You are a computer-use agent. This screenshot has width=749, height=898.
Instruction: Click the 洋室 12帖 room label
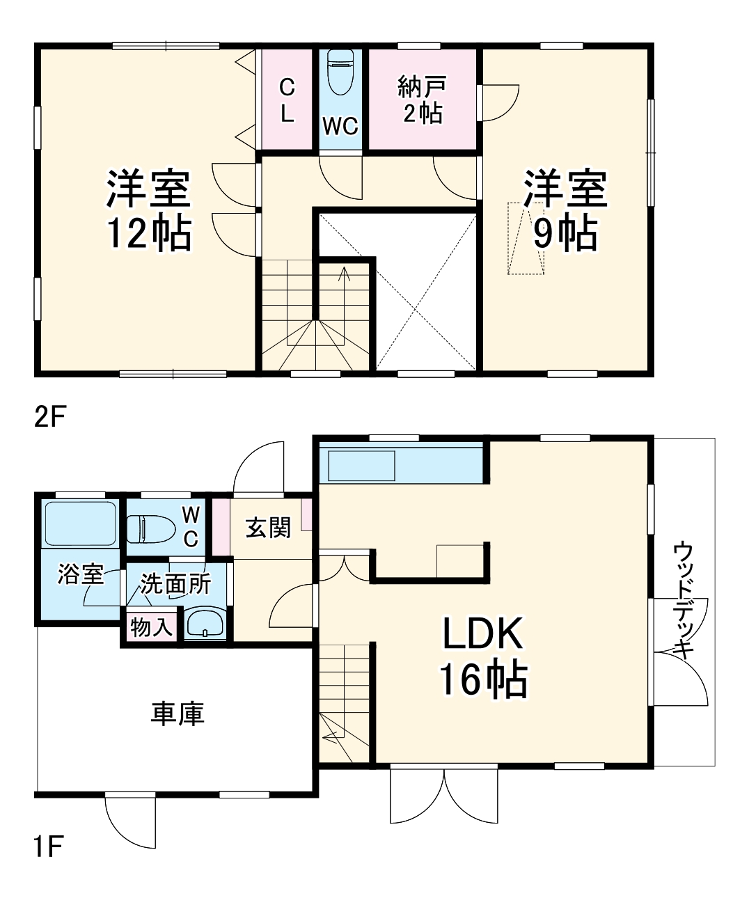[148, 209]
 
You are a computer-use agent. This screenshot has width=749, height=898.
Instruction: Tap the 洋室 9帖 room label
[565, 209]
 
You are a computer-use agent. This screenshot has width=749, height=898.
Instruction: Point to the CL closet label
[287, 101]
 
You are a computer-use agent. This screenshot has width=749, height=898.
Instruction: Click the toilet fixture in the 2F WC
[340, 72]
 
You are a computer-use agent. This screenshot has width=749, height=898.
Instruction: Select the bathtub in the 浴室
[80, 524]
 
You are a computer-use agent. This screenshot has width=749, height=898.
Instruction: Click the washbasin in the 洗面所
[205, 622]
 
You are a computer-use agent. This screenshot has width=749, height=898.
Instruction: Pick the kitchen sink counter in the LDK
[361, 466]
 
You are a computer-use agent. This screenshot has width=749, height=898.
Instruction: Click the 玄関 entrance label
[268, 528]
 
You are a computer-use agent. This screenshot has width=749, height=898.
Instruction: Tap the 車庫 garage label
[177, 714]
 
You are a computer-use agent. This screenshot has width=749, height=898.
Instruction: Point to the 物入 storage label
[151, 627]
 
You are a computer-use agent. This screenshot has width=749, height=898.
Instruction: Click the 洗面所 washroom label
[175, 583]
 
